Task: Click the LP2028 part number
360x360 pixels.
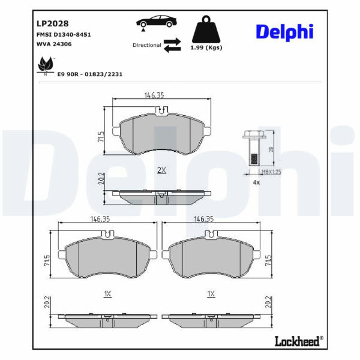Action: (53, 23)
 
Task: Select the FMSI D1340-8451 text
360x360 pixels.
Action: (64, 35)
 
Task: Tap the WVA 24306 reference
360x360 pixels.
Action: (54, 44)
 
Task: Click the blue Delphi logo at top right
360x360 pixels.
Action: (284, 32)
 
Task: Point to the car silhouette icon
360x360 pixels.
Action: (157, 22)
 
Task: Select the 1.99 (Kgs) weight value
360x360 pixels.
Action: (206, 47)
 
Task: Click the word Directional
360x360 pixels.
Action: (147, 45)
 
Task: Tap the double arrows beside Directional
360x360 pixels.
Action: (172, 45)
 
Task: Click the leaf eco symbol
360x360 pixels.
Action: (46, 65)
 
